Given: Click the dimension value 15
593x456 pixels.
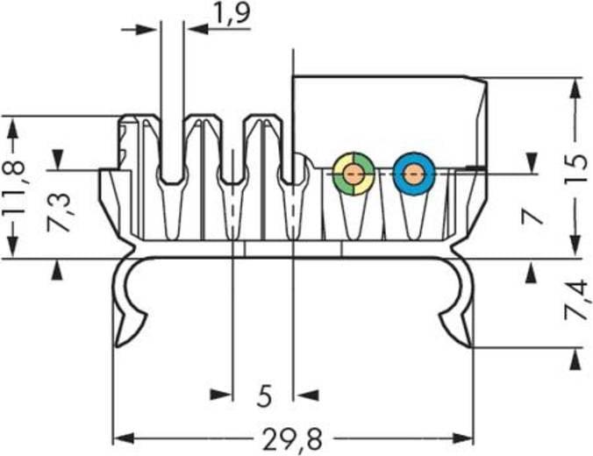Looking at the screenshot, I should [575, 167].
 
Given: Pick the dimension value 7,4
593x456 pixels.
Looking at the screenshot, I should [575, 300].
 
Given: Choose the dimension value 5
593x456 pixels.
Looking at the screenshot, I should [264, 397].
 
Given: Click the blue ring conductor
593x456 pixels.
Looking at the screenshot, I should [414, 173].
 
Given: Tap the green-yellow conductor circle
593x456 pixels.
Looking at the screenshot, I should [354, 173].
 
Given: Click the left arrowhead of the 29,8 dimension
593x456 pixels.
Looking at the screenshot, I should [121, 437].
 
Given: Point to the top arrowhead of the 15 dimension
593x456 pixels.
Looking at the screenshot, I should [575, 88].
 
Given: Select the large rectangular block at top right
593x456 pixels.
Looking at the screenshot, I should [389, 114].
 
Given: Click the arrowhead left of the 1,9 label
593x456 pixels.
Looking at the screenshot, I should [150, 29].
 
